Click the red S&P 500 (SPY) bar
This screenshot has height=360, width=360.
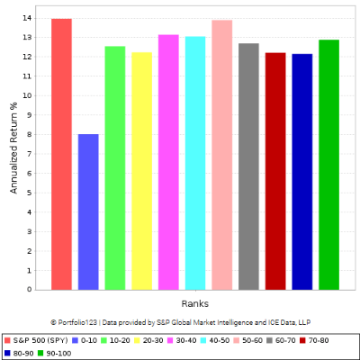pos(61,154)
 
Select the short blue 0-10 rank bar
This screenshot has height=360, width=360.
pos(88,211)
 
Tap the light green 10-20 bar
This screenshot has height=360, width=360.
pos(115,167)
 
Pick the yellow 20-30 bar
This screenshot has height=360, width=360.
pos(141,171)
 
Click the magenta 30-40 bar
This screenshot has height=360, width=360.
pos(168,162)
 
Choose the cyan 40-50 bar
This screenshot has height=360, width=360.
pos(195,163)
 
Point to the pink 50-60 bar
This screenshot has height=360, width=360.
pos(222,155)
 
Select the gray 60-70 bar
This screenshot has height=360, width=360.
pos(248,166)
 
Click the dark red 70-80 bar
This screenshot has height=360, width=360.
pos(275,171)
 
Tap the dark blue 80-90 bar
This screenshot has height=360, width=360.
pos(302,172)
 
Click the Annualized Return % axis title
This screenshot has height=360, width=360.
pos(13,153)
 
